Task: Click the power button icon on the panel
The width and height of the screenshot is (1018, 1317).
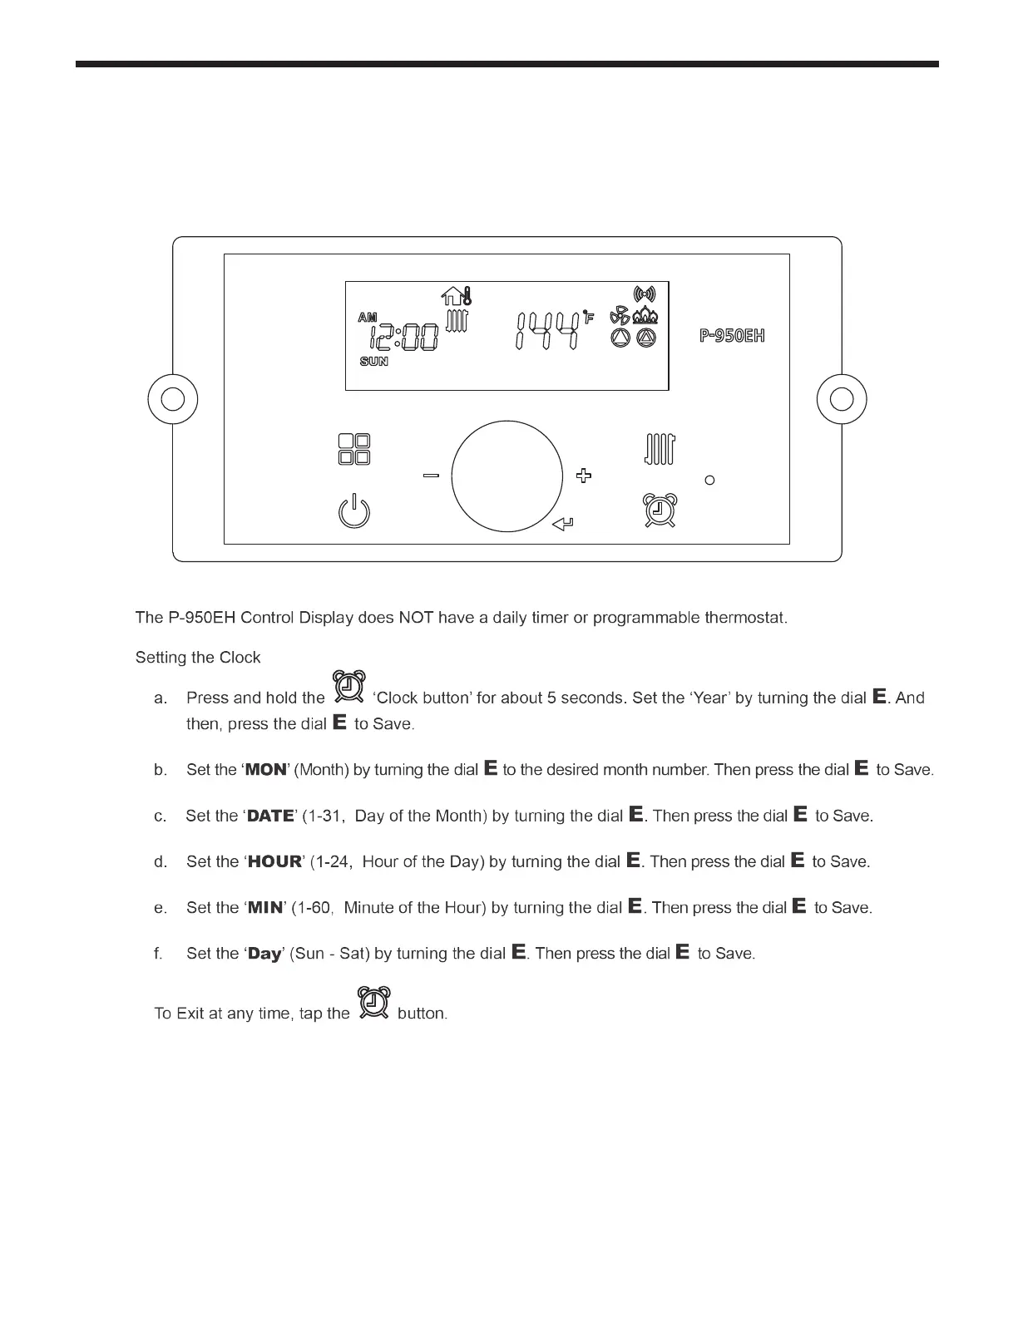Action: (x=354, y=511)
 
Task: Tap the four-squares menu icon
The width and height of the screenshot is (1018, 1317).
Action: (x=354, y=450)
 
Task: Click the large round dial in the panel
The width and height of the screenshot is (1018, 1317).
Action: (x=507, y=476)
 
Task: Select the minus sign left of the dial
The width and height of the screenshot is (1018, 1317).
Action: (x=431, y=476)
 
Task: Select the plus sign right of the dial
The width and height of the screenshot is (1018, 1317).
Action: (x=584, y=476)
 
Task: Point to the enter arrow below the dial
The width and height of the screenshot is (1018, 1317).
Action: (x=563, y=523)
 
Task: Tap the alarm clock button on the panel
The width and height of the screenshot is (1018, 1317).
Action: (x=660, y=510)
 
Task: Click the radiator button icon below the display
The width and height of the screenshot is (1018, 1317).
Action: (x=660, y=450)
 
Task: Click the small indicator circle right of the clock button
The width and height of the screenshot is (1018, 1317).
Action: (x=709, y=480)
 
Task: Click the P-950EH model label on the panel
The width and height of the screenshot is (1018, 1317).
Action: (x=732, y=336)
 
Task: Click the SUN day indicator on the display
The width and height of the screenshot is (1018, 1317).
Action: (x=373, y=362)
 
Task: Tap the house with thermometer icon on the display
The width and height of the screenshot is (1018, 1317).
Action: (x=457, y=296)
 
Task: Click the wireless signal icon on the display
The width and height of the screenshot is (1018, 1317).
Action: (x=645, y=293)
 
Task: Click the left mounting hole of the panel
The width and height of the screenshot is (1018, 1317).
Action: (x=173, y=399)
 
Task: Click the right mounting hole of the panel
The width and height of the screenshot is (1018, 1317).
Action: (x=842, y=399)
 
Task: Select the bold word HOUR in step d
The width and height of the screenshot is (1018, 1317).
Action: (x=274, y=862)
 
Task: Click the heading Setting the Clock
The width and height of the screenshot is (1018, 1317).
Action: (x=198, y=658)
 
